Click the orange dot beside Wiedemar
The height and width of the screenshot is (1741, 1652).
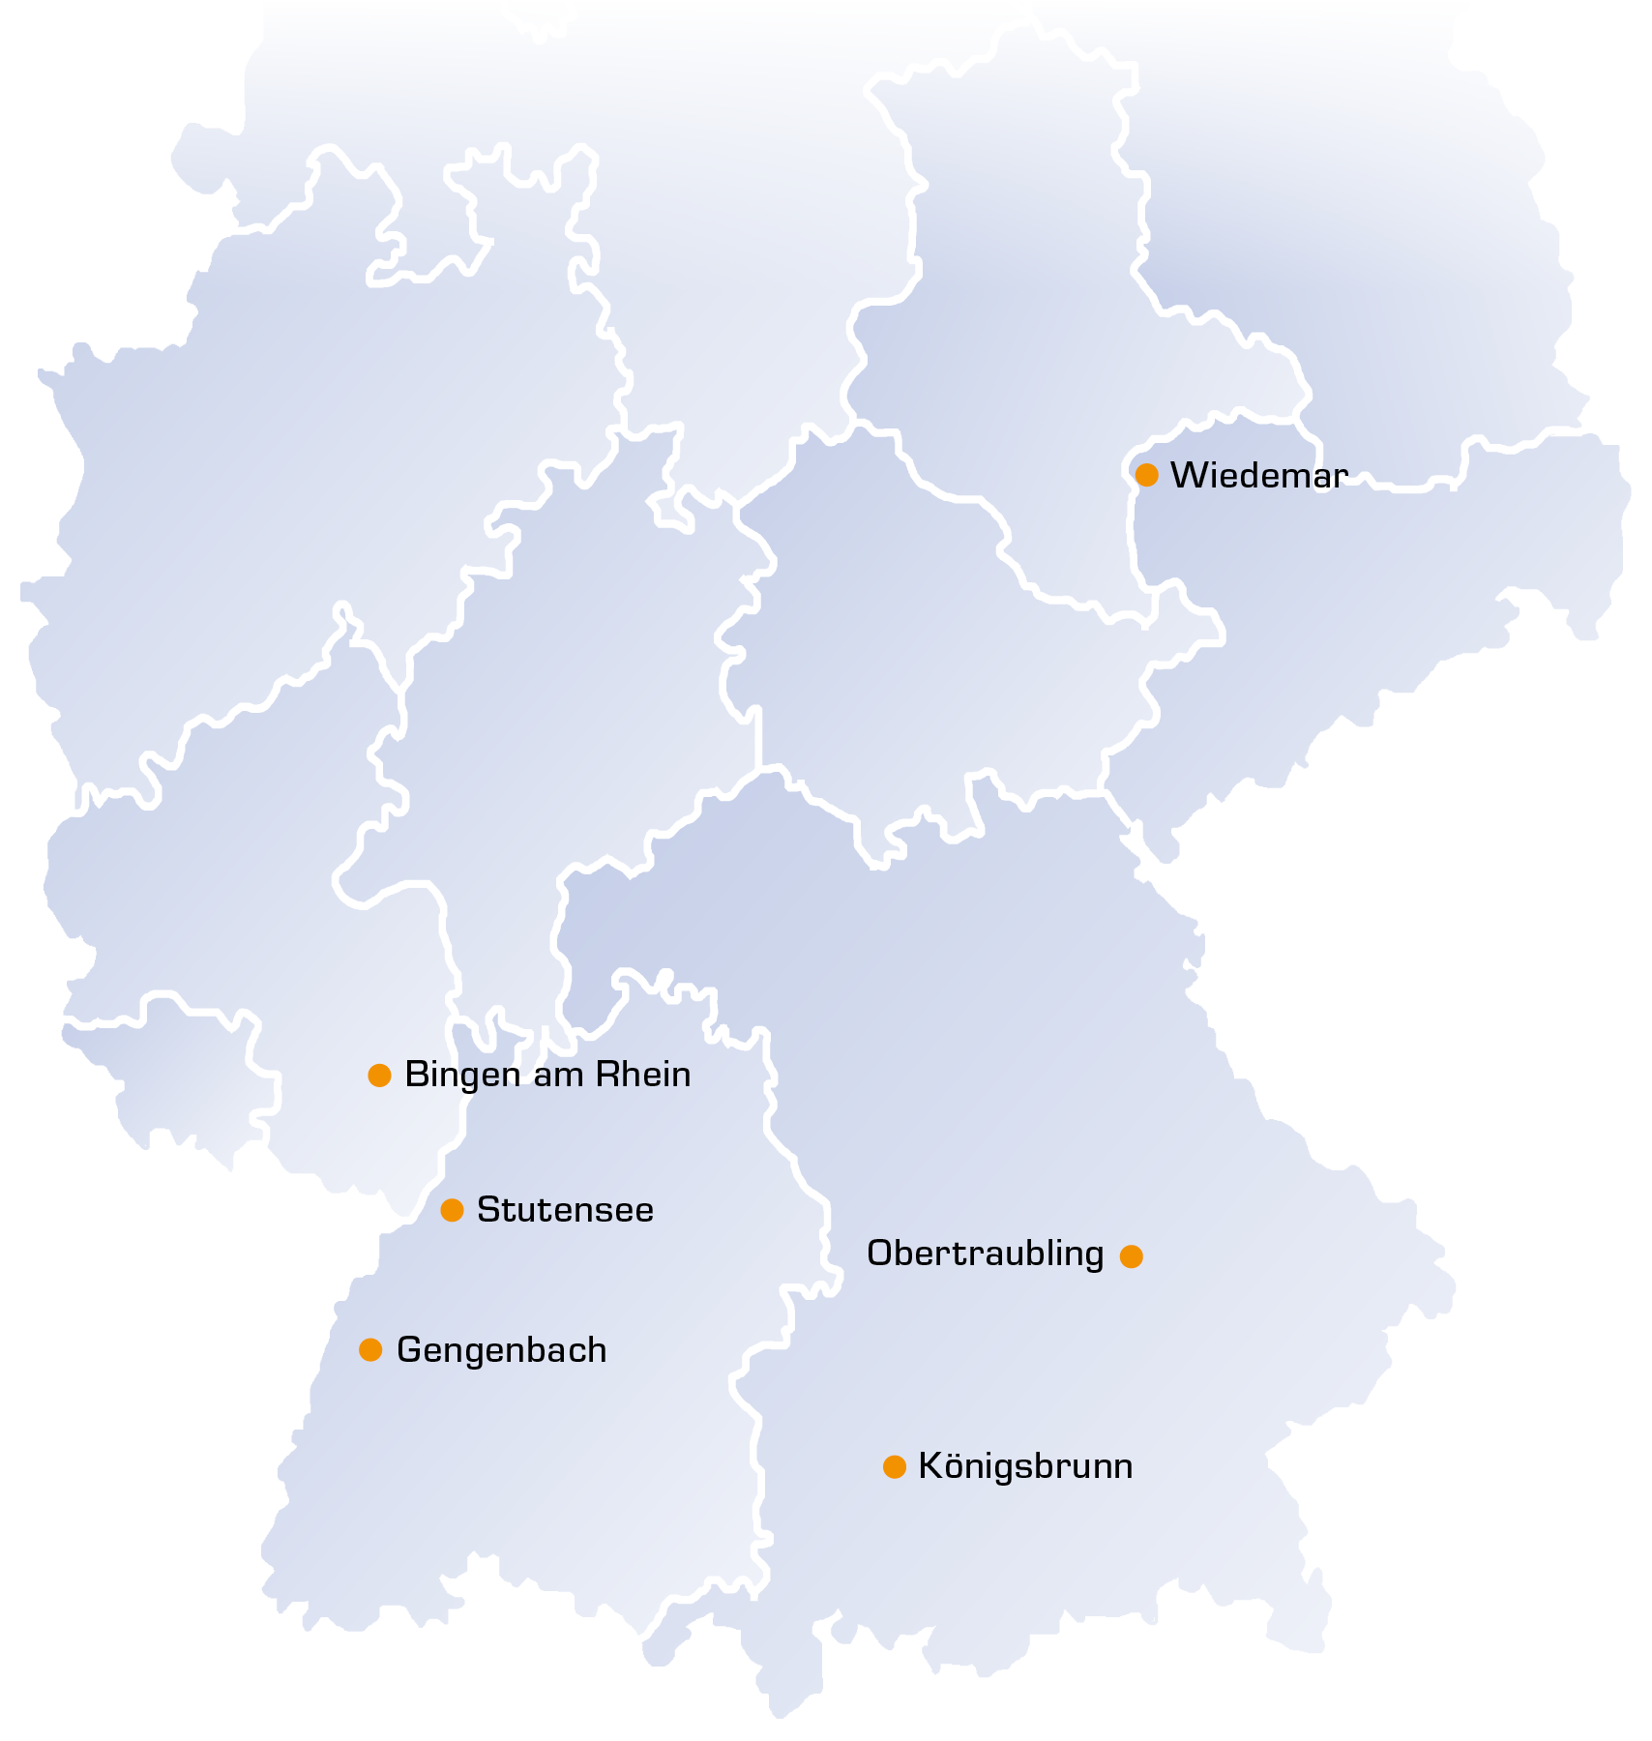[1146, 475]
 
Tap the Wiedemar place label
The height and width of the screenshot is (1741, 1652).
[1258, 475]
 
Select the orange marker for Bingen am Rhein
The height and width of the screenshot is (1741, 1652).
[379, 1075]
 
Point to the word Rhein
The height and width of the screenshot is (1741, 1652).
[642, 1075]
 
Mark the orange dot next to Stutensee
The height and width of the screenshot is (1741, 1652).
[452, 1210]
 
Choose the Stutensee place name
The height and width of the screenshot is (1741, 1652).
[565, 1210]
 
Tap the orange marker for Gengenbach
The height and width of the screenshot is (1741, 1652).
[370, 1349]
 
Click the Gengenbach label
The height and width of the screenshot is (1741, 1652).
[501, 1350]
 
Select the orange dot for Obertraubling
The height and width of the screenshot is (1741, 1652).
[1131, 1256]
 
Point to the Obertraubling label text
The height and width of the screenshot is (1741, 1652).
[985, 1254]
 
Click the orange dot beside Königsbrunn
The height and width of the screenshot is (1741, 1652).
[895, 1467]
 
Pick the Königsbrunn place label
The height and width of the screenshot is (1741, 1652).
[1025, 1466]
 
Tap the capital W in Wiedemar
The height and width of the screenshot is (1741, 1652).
[1187, 475]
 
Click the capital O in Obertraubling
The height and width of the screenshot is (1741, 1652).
[880, 1254]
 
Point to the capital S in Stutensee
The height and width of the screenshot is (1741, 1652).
[487, 1210]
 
